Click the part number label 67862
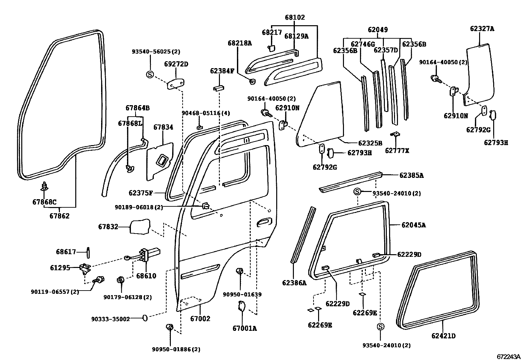click(x=59, y=216)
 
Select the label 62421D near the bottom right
click(x=443, y=336)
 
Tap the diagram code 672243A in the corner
click(x=508, y=356)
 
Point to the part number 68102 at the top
click(x=295, y=17)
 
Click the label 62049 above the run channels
click(x=378, y=30)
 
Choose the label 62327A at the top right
click(x=482, y=28)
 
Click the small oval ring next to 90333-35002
click(x=145, y=317)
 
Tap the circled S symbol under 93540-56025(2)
click(x=150, y=75)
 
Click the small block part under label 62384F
click(x=218, y=88)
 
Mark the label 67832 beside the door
click(x=108, y=227)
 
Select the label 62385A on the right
click(x=411, y=175)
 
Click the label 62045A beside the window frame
click(x=414, y=225)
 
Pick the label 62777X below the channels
click(x=397, y=151)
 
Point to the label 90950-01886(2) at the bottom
click(x=176, y=350)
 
